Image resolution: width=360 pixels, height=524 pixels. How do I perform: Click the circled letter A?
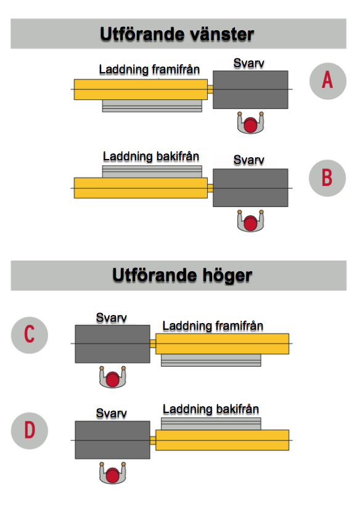[327, 81]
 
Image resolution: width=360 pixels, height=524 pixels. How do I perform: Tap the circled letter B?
[327, 178]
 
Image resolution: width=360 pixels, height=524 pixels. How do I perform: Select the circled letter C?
[30, 335]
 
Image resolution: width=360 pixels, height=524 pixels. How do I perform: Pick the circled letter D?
[30, 430]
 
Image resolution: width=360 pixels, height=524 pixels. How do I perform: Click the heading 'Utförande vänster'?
[177, 34]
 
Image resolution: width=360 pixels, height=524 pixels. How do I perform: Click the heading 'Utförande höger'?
[182, 276]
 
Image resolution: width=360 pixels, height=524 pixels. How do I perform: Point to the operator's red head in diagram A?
[251, 125]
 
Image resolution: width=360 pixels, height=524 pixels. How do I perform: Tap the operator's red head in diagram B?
[251, 223]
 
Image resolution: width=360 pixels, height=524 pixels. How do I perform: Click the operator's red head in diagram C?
[113, 379]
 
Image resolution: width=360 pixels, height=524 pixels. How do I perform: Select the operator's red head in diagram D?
[113, 475]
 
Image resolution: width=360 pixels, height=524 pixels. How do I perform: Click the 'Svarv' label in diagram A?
[249, 63]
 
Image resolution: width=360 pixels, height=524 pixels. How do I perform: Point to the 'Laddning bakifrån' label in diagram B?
[151, 157]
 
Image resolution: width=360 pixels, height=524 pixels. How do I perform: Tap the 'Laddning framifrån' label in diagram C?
[213, 326]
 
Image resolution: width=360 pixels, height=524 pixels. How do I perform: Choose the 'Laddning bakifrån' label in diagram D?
[211, 409]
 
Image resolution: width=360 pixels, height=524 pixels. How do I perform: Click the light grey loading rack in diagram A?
[152, 105]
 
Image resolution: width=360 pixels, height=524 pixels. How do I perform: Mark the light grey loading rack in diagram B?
[152, 172]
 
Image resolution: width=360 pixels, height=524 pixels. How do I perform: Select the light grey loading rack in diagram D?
[211, 424]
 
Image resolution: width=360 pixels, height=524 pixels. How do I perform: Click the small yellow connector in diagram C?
[153, 343]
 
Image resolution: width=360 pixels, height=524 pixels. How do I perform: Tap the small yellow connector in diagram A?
[210, 89]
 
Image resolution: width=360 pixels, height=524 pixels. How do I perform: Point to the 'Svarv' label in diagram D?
[112, 414]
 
